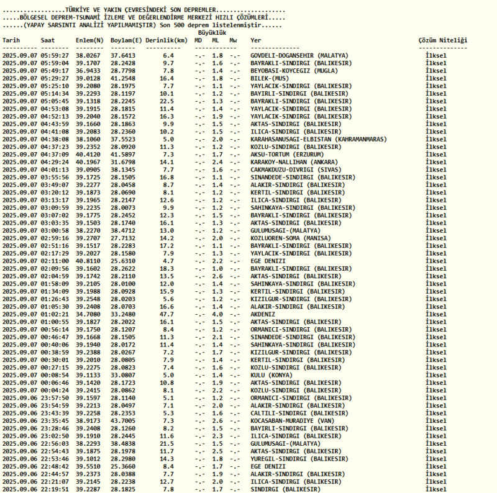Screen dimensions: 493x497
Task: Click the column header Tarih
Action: [x=11, y=40]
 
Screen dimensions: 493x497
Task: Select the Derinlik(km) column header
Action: [x=166, y=40]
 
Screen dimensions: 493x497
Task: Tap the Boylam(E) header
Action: [x=126, y=40]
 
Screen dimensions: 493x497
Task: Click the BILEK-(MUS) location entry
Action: [x=268, y=78]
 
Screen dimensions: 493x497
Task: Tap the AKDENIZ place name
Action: [x=263, y=314]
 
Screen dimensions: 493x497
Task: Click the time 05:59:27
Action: [x=55, y=55]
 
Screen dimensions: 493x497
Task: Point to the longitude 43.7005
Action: [x=123, y=420]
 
